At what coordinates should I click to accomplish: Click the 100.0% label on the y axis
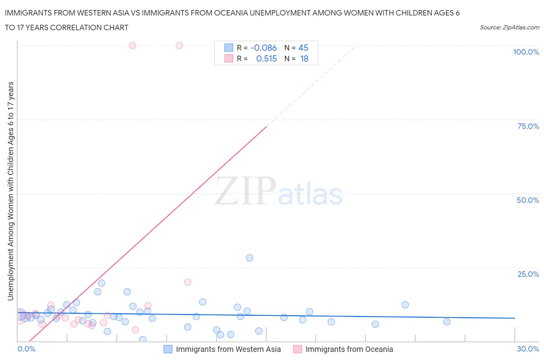pos(526,52)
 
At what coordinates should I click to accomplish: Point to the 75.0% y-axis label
pos(528,126)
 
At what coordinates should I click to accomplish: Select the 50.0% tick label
pos(528,200)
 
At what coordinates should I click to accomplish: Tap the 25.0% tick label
pos(528,274)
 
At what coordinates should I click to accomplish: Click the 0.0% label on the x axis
pos(26,349)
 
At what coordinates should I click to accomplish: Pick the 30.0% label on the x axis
pos(528,349)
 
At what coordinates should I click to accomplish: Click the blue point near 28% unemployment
pos(250,258)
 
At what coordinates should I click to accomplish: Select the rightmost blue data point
pos(447,322)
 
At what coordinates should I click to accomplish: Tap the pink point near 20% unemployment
pos(188,282)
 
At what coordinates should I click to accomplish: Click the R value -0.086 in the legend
pos(263,48)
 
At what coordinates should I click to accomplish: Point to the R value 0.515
pos(267,59)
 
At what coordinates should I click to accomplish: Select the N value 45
pos(303,48)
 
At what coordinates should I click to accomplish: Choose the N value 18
pos(304,59)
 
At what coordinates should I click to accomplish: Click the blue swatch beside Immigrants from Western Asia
pos(168,349)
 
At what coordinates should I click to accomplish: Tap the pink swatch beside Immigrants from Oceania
pos(298,349)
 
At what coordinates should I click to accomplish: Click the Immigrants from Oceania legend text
pos(349,349)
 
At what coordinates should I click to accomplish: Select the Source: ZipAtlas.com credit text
pos(509,27)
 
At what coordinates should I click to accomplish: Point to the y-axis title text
pos(11,191)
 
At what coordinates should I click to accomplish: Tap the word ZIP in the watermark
pos(245,191)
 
